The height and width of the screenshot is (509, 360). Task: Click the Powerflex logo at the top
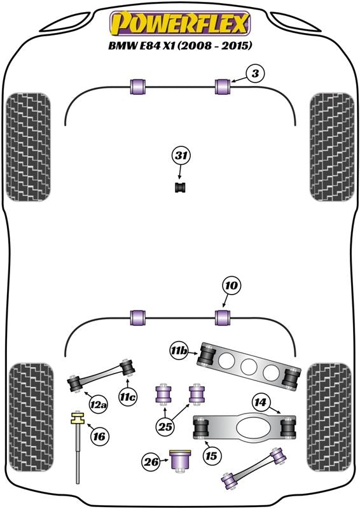pos(180,23)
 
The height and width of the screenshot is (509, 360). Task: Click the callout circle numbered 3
pos(256,74)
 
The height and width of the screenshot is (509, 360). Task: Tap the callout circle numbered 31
pos(181,156)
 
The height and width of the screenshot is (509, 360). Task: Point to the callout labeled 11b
pos(179,351)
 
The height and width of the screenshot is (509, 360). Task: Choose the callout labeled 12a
pos(99,405)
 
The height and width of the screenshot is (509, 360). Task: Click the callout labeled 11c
pos(128,398)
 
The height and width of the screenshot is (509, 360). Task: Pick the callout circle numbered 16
pos(100,436)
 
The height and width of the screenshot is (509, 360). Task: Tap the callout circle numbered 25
pos(165,426)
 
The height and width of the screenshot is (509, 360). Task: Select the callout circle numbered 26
pos(151,462)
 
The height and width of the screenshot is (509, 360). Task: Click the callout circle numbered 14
pos(260,403)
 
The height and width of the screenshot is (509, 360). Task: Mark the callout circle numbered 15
pos(211,456)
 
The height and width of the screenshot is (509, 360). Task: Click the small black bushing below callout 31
pos(181,187)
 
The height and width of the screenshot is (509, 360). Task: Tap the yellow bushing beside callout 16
pos(77,417)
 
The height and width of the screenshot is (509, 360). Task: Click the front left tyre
pos(29,147)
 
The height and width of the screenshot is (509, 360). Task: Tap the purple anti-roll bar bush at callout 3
pos(223,87)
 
